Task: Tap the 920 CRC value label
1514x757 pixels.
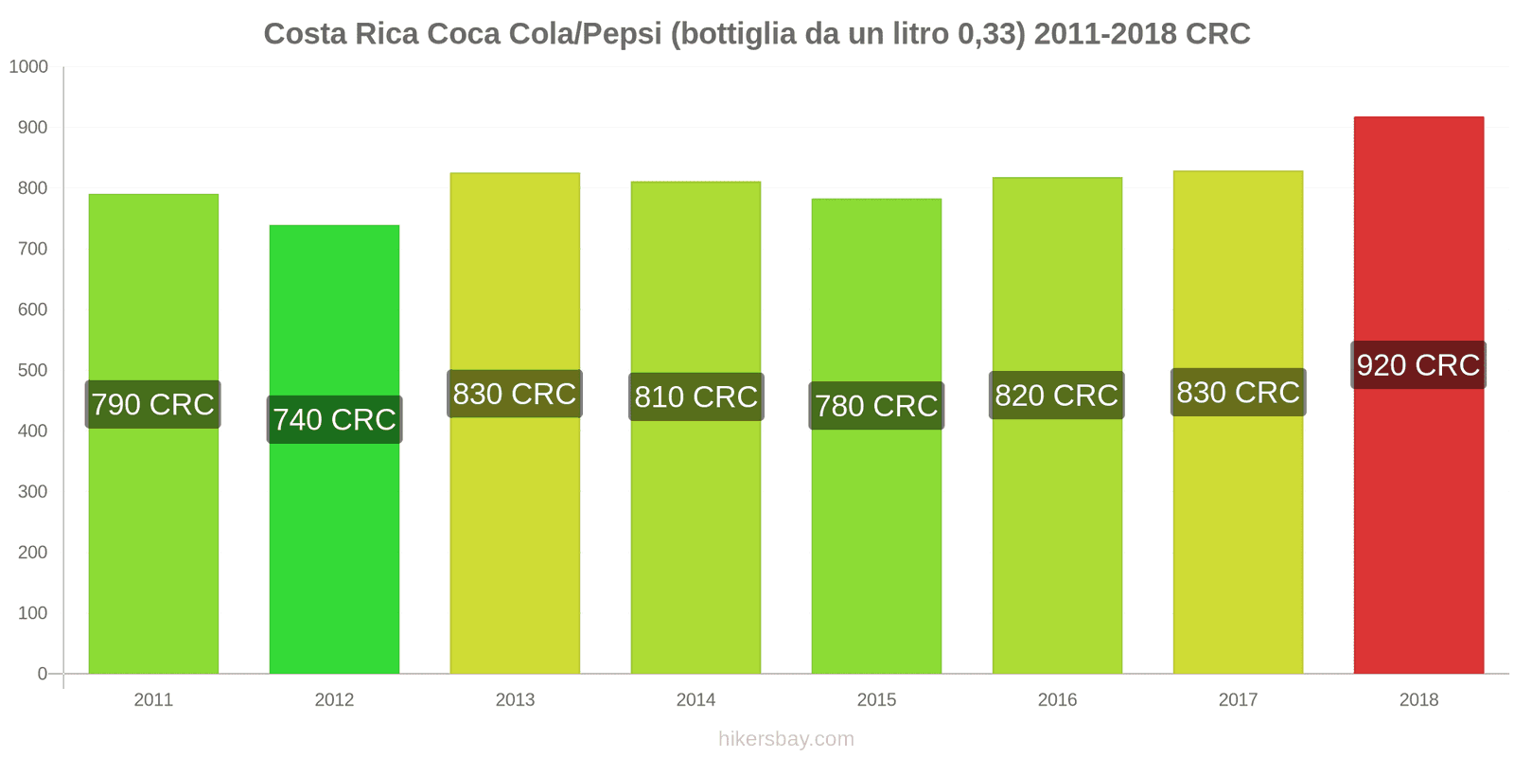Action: click(1418, 365)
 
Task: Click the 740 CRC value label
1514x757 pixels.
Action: click(334, 420)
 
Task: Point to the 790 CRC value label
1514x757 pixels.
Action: click(153, 405)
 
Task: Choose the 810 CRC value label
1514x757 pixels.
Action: click(695, 397)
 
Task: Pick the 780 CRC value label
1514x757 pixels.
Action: click(876, 406)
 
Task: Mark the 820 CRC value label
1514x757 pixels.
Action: click(1057, 396)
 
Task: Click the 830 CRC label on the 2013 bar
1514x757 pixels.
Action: click(515, 394)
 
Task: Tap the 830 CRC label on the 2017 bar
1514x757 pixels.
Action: click(1238, 393)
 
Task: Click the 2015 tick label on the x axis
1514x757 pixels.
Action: click(876, 700)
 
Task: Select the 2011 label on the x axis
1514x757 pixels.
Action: click(153, 700)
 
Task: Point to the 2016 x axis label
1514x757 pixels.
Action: click(1057, 700)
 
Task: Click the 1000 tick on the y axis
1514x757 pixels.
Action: click(28, 67)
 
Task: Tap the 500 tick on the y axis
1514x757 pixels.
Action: click(32, 371)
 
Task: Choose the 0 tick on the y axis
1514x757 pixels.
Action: click(42, 674)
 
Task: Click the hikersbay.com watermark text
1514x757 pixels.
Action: click(785, 739)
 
